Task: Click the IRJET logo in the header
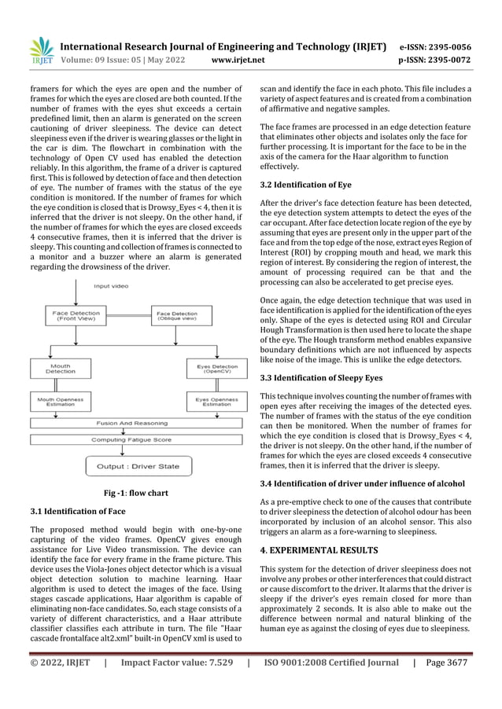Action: coord(40,49)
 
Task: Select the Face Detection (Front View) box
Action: coord(76,316)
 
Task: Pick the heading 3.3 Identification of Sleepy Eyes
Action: coord(321,378)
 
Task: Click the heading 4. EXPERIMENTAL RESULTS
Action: coord(319,549)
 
